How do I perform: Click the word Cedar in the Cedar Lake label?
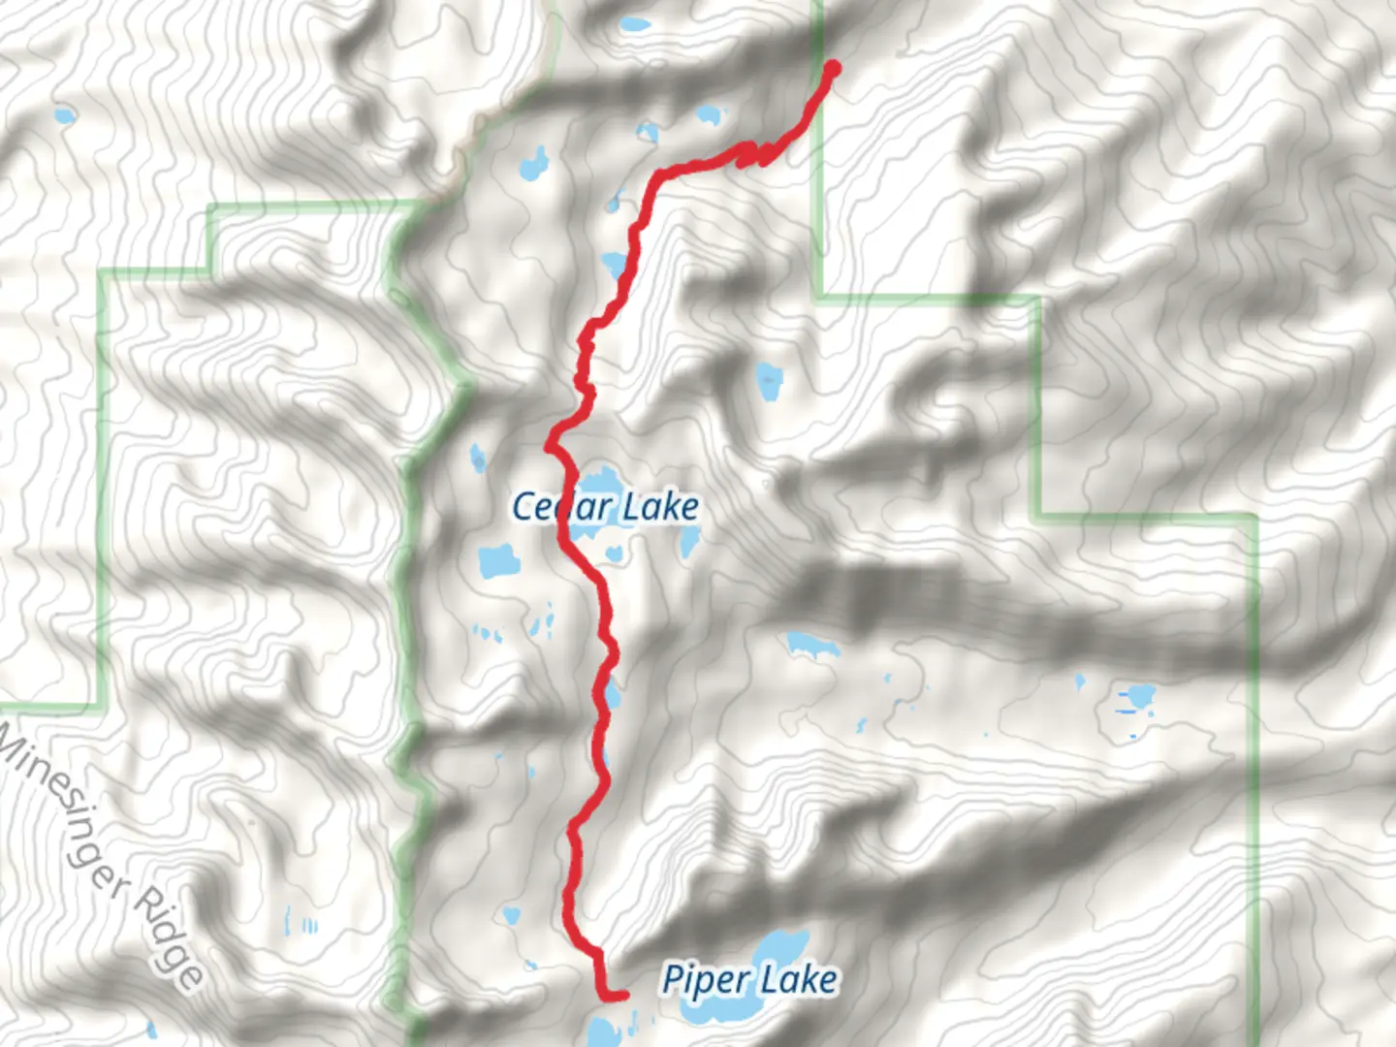click(560, 506)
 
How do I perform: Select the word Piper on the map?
click(702, 979)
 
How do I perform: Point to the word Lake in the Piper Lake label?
click(798, 979)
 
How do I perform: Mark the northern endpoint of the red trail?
click(832, 67)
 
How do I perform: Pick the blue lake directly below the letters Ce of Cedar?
click(499, 560)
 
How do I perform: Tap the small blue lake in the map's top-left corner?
click(64, 117)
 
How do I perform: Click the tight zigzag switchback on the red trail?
click(756, 153)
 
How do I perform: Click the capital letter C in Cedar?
click(523, 506)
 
